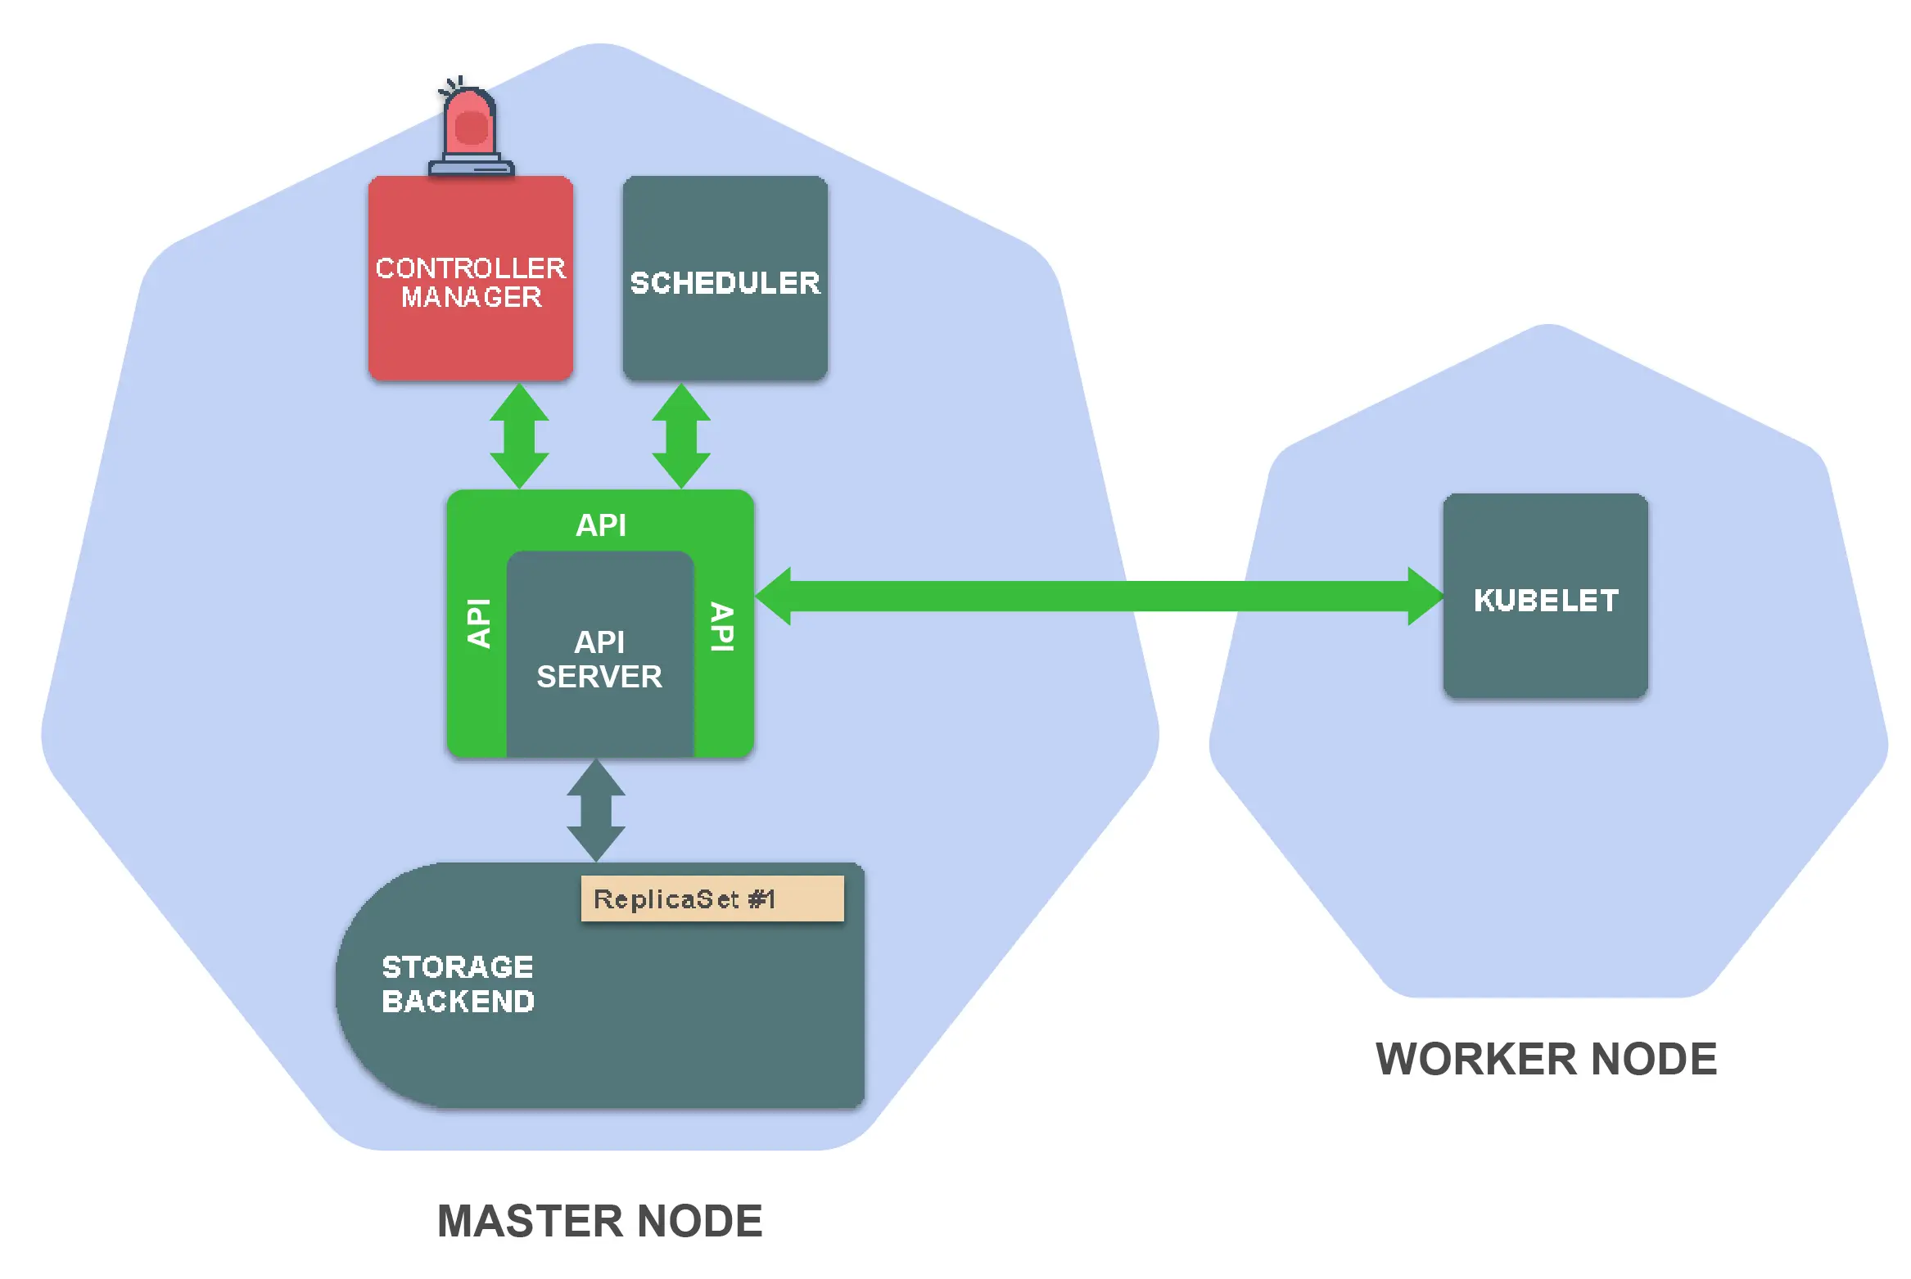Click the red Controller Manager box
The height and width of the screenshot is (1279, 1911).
[471, 278]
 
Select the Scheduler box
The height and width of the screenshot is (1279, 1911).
[725, 278]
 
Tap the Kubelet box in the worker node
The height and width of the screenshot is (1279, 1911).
[1546, 596]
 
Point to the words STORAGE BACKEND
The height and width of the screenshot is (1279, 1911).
[458, 984]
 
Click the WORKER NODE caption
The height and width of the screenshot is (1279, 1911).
[1546, 1059]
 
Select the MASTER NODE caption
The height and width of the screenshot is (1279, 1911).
[600, 1221]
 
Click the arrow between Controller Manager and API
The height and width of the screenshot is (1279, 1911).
[519, 436]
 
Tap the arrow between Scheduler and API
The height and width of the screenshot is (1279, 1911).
[681, 436]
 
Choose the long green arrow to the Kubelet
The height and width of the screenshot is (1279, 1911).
[1099, 597]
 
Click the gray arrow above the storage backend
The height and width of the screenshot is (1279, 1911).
[596, 810]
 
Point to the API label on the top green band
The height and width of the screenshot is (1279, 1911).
[601, 525]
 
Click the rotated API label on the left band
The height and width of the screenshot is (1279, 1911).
[478, 624]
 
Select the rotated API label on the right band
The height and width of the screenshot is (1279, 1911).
[722, 627]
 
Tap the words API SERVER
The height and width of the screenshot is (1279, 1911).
[599, 660]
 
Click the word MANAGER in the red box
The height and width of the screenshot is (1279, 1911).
[472, 297]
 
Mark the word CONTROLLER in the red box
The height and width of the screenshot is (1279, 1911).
[471, 268]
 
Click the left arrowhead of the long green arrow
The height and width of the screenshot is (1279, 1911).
[773, 597]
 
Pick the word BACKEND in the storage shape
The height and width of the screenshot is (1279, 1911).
[458, 1002]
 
